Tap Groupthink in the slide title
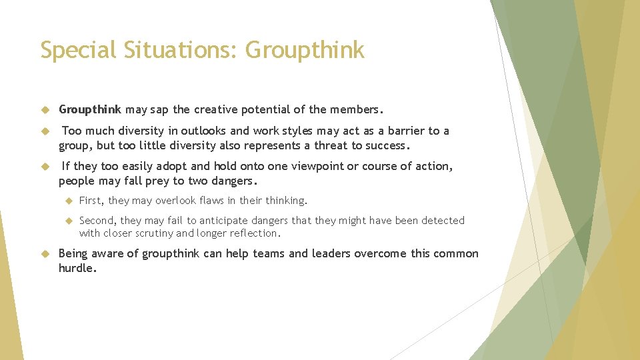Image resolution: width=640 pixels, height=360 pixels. (305, 50)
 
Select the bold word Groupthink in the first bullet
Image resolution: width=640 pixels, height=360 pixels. (90, 109)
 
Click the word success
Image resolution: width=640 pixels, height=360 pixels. (382, 145)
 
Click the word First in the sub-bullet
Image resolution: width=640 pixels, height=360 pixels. (91, 200)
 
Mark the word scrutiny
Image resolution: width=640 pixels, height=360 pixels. (150, 233)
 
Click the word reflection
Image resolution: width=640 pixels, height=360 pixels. (255, 233)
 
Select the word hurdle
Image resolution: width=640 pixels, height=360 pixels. (77, 268)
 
